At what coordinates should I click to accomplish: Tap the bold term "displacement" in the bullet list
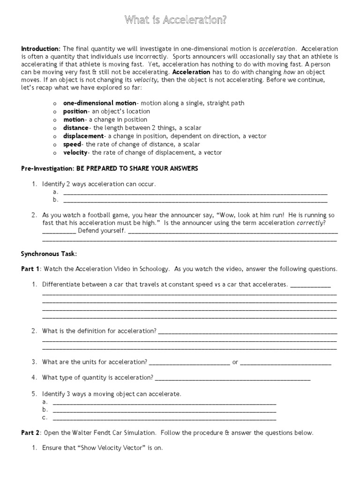83,136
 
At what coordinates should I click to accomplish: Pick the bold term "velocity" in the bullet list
76,152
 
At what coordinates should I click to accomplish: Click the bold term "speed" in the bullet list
72,144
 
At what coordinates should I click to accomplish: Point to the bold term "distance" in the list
76,127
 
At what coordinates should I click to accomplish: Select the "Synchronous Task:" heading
48,254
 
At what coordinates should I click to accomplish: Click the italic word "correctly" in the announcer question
310,223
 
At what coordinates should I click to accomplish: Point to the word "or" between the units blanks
235,362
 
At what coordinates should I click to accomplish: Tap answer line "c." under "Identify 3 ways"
164,418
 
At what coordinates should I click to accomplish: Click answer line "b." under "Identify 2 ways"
195,200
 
